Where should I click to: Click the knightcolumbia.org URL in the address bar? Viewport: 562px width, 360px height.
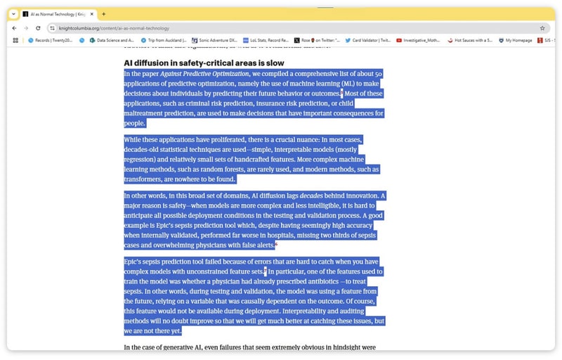tap(114, 28)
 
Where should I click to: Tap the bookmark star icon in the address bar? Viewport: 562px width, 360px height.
tap(542, 28)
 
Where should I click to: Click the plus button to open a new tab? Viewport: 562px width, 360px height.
tap(103, 13)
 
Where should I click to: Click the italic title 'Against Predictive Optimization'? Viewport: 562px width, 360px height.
tap(203, 73)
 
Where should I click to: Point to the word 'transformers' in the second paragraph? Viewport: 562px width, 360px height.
tap(143, 179)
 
